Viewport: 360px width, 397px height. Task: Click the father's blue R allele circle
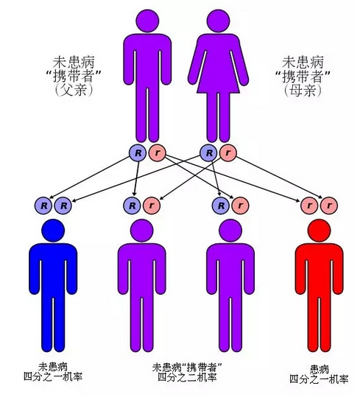click(138, 153)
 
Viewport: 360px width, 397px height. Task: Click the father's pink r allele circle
click(157, 153)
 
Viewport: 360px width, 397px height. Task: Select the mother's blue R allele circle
click(209, 153)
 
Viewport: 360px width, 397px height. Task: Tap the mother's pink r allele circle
click(228, 153)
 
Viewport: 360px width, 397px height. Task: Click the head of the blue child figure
click(53, 231)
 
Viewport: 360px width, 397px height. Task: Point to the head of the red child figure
click(320, 231)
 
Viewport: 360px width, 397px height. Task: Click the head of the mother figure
click(218, 21)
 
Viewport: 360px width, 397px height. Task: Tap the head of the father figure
click(147, 21)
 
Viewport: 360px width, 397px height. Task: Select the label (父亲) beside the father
click(74, 90)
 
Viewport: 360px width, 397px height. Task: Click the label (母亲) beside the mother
click(303, 90)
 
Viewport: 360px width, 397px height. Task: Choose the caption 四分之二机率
click(187, 377)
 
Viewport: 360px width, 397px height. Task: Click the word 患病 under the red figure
click(320, 370)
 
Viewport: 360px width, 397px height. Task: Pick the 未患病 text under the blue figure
click(53, 367)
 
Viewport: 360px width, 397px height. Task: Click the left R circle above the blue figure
click(43, 205)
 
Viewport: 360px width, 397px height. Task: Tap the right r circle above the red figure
click(329, 205)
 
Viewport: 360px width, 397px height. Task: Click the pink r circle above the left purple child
click(152, 205)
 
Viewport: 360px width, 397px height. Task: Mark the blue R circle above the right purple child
click(221, 205)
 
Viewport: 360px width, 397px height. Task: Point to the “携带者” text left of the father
click(74, 76)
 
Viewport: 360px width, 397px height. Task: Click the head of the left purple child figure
click(141, 231)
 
